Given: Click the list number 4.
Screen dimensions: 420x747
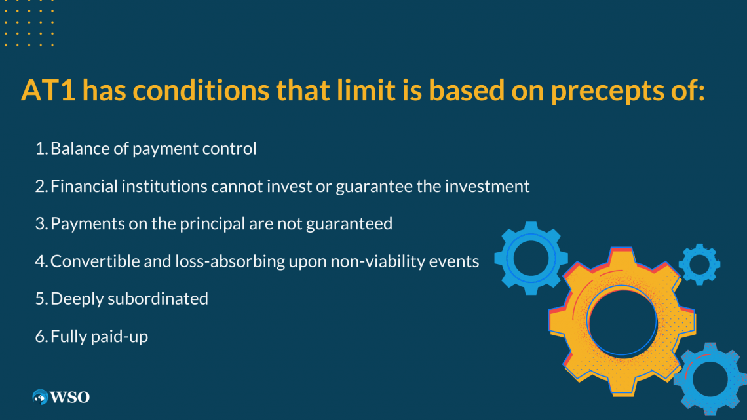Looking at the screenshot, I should pyautogui.click(x=39, y=261).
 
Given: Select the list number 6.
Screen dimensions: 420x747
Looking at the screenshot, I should pyautogui.click(x=39, y=337).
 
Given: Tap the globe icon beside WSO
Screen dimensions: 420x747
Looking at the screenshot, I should pyautogui.click(x=41, y=397).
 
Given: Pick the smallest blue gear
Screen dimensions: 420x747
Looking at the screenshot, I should pyautogui.click(x=699, y=264).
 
